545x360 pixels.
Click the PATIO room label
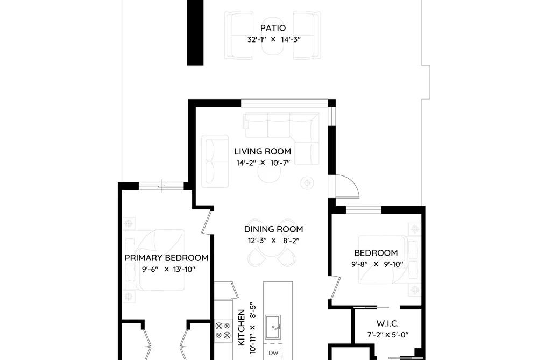[273, 28]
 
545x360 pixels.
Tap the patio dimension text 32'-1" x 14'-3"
[273, 40]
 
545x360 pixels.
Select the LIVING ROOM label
[263, 152]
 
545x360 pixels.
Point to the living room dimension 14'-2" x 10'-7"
[263, 163]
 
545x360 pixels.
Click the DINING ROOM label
[273, 229]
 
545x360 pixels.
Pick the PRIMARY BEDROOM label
[166, 258]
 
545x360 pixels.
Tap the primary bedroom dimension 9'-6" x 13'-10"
[168, 269]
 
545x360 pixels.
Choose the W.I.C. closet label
[387, 324]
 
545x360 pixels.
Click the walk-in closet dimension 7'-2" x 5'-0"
[388, 335]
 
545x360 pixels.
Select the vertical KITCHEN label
[241, 328]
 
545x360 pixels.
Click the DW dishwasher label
[273, 354]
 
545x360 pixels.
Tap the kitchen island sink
[273, 327]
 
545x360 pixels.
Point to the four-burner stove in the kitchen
[223, 330]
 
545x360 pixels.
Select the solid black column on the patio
[195, 33]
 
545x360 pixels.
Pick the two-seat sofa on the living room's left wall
[215, 161]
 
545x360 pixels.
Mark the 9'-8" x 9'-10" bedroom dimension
[378, 264]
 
